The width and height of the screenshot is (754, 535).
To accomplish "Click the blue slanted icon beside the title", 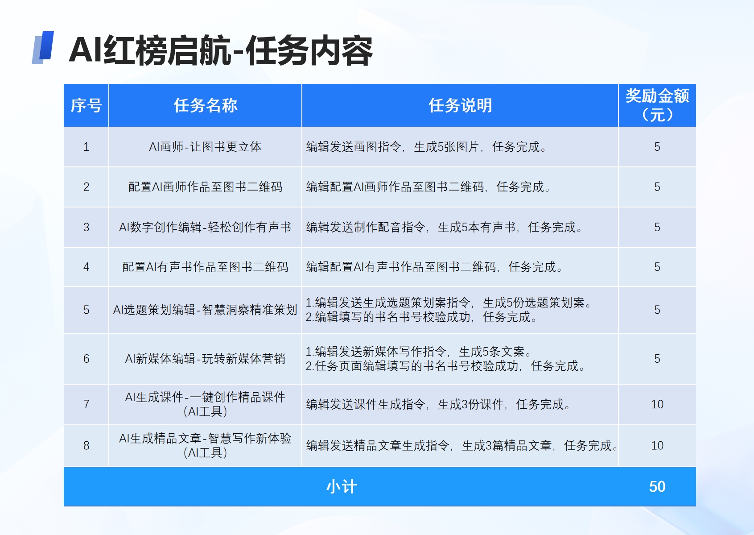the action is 43,47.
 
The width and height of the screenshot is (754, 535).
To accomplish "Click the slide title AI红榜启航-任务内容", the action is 221,51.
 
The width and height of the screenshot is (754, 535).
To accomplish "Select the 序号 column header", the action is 86,105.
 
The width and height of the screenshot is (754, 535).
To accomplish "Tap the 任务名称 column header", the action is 205,105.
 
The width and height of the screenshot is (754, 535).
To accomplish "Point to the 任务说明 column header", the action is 460,105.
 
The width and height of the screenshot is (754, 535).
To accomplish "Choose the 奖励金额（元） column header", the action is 657,105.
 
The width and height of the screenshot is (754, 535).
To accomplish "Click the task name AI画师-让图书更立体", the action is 205,147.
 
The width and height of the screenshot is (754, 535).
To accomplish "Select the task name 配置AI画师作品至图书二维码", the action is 205,187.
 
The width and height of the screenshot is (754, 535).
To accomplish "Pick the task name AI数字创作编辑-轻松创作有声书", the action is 205,227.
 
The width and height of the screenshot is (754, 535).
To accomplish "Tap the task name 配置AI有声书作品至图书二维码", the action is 205,267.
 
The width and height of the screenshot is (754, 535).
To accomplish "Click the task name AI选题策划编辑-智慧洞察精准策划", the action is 205,310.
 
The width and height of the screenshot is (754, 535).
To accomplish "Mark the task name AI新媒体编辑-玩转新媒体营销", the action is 205,358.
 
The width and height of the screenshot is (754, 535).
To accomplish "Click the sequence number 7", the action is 86,404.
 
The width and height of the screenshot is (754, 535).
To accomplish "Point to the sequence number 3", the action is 86,227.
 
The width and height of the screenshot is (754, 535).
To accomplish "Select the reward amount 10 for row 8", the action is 657,446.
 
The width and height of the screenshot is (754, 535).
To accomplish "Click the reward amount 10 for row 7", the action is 657,404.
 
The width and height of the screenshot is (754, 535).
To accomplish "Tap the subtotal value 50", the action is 657,486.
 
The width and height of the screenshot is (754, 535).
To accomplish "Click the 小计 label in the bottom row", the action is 342,487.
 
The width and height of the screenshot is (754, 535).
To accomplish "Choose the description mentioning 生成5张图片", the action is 426,147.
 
